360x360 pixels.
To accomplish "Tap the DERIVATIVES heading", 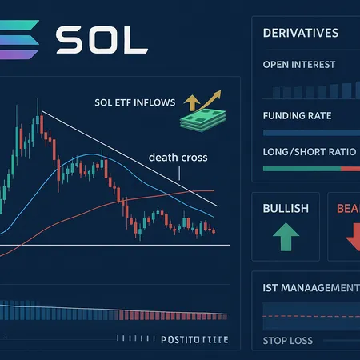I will pyautogui.click(x=300, y=34).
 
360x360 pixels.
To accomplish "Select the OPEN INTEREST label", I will pyautogui.click(x=298, y=65).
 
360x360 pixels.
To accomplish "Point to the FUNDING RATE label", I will pyautogui.click(x=295, y=116).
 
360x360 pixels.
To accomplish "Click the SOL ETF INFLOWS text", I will pyautogui.click(x=134, y=103).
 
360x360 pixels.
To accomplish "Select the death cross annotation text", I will pyautogui.click(x=178, y=158).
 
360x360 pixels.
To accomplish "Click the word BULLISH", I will pyautogui.click(x=285, y=208).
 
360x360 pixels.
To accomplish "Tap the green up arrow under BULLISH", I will pyautogui.click(x=285, y=238).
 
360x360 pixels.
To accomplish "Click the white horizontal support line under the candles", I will pyautogui.click(x=120, y=245).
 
